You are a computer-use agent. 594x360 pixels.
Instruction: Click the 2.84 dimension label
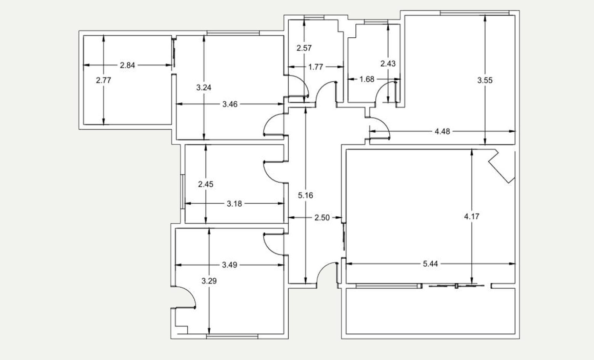click(127, 65)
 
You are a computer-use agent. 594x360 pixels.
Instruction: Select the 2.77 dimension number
click(103, 80)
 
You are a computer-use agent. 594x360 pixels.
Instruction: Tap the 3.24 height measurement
click(204, 87)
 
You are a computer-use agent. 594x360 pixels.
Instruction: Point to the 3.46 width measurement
click(230, 104)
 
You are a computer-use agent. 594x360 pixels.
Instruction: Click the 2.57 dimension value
click(304, 48)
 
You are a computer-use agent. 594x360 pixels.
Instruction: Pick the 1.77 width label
click(316, 67)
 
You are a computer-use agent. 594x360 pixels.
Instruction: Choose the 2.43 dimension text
click(388, 64)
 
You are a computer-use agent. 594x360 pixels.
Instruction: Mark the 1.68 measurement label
click(367, 79)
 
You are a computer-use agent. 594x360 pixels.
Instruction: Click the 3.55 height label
click(485, 80)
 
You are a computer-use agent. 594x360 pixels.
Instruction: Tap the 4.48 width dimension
click(442, 131)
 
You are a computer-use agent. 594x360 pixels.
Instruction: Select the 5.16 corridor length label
click(305, 195)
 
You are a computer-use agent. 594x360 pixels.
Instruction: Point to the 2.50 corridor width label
click(322, 218)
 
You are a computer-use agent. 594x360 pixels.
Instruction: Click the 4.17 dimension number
click(472, 217)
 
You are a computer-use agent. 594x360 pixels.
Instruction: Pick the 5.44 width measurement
click(430, 264)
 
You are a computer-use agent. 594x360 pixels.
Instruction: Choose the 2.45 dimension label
click(206, 184)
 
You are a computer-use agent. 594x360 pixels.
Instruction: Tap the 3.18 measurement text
click(234, 204)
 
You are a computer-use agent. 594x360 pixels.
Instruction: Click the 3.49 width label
click(230, 265)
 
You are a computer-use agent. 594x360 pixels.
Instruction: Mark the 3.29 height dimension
click(209, 281)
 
